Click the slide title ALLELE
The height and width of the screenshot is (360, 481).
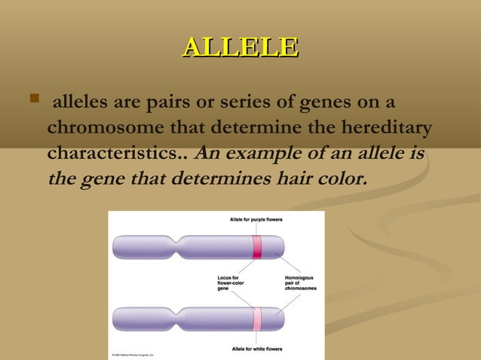point(240,47)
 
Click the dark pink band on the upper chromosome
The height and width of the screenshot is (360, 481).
point(257,248)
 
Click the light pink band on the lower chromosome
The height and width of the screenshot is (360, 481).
point(257,319)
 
